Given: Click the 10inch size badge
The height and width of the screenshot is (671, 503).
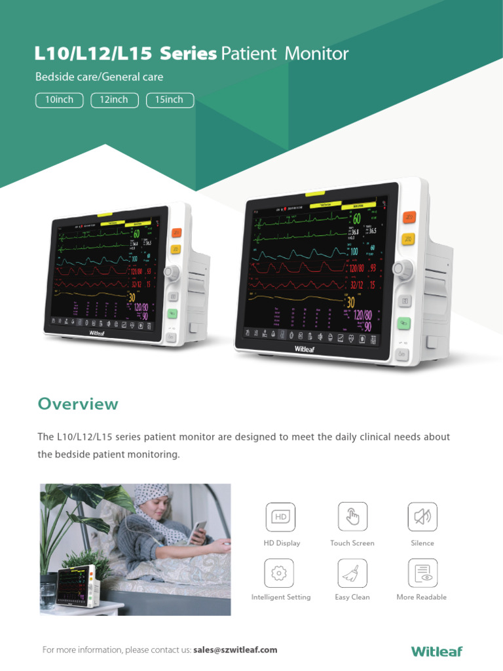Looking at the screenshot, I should [59, 100].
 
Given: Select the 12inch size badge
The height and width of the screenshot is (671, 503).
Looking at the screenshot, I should [115, 100].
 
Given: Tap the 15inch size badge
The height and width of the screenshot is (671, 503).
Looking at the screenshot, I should [170, 100].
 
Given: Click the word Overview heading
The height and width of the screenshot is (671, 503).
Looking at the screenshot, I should [78, 404].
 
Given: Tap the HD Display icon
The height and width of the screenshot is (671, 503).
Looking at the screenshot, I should [280, 517].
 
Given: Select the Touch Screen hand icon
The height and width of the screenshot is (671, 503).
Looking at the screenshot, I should [352, 517].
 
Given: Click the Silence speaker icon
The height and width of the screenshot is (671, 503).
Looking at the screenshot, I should [422, 517].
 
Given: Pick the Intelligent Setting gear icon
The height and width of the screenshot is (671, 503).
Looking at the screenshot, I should [280, 573].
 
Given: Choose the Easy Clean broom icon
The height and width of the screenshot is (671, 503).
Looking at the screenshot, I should [352, 573].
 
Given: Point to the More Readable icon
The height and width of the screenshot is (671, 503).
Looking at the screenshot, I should [422, 573].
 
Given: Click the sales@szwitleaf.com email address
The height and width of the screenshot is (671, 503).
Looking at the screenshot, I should [236, 650].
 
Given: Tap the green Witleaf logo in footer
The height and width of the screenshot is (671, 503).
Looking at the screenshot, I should [437, 651].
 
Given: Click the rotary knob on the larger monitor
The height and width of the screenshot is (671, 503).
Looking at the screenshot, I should [403, 269].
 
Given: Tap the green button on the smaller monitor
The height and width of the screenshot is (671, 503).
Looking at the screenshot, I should [172, 314].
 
